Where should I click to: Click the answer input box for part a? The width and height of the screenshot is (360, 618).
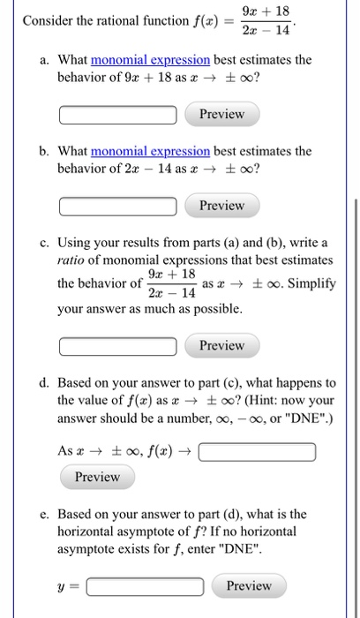click(122, 115)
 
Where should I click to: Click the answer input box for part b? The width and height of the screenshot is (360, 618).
click(122, 206)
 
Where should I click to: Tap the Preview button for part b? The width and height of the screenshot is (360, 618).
click(221, 206)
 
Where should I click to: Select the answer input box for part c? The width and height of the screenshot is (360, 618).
click(122, 345)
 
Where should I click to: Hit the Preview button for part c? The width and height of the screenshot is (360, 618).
click(221, 345)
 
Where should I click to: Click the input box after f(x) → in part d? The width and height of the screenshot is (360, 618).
click(258, 453)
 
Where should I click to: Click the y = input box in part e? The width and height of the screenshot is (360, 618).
click(145, 586)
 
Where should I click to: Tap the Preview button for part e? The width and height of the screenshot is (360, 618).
click(249, 586)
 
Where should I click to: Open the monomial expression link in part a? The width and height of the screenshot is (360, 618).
click(150, 60)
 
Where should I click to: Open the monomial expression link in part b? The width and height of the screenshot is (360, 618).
click(150, 151)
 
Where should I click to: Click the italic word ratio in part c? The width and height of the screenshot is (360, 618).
click(74, 260)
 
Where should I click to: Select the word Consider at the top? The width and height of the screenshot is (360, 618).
click(50, 21)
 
